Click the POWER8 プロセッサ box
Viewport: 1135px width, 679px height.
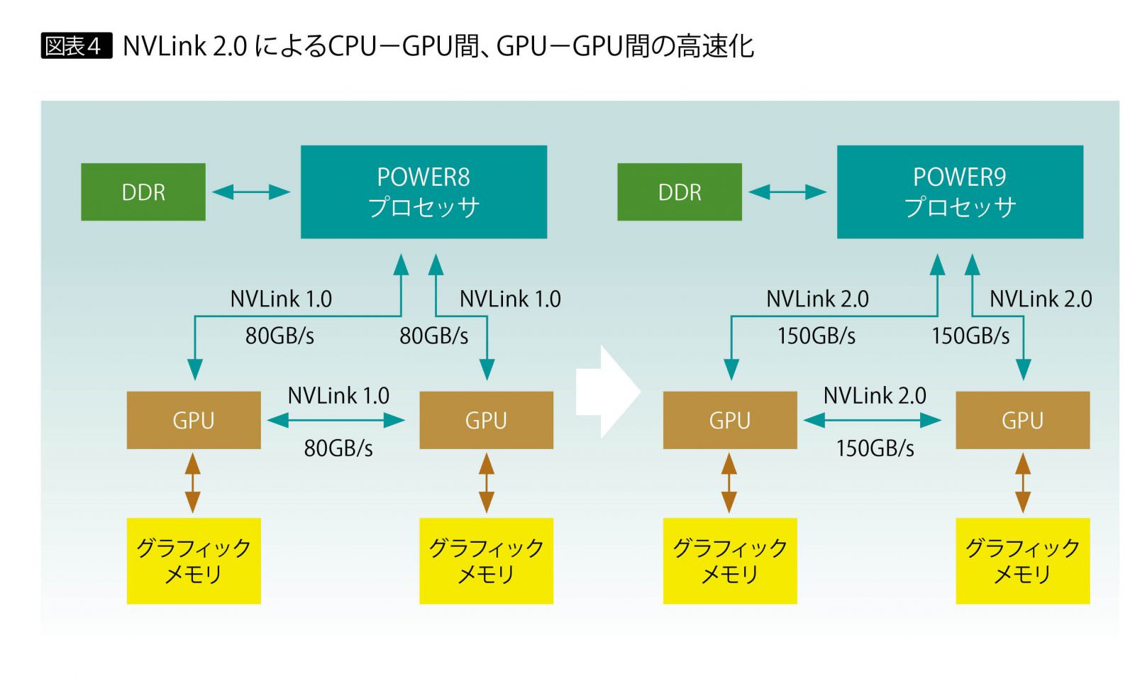(x=423, y=192)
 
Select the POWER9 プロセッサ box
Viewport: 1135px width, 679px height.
(x=960, y=192)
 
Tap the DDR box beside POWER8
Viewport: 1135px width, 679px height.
(x=143, y=192)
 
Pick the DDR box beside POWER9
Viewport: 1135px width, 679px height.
(x=680, y=192)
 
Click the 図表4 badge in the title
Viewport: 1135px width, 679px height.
(x=76, y=46)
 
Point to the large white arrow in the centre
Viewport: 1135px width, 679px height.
(x=607, y=391)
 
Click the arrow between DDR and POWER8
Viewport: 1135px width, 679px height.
(x=251, y=192)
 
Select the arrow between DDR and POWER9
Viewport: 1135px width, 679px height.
(x=787, y=192)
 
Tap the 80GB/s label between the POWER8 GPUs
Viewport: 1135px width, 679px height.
(x=338, y=448)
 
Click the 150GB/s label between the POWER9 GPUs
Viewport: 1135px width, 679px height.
(x=875, y=448)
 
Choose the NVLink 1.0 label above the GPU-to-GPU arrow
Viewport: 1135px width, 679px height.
(x=338, y=395)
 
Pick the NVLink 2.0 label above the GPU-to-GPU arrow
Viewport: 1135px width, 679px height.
(x=875, y=395)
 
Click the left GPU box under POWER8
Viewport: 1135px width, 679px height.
(x=194, y=420)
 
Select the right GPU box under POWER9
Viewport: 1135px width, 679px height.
(x=1022, y=420)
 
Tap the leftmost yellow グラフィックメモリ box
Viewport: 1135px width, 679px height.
(x=194, y=561)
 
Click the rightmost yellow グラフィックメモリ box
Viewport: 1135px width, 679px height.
(x=1022, y=561)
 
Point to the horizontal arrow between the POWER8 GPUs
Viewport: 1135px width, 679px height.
(x=336, y=420)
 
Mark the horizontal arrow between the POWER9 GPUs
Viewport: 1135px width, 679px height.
(x=873, y=420)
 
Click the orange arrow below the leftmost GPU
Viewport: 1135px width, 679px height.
(x=193, y=483)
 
